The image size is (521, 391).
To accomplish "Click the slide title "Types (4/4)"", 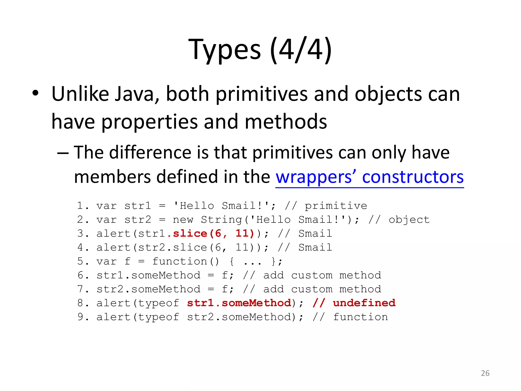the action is click(260, 49).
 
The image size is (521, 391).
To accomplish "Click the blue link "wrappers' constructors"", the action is click(369, 177).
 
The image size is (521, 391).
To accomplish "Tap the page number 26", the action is click(485, 373).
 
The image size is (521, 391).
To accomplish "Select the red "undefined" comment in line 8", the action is click(364, 303).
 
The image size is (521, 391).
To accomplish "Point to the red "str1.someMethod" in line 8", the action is click(239, 303).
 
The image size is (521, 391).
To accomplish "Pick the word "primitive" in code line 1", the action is click(336, 206).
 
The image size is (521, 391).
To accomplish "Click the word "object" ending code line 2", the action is click(409, 220).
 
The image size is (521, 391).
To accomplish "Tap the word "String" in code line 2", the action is click(222, 220).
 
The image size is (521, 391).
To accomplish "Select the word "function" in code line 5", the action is click(180, 261).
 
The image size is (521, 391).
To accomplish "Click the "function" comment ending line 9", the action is click(360, 317).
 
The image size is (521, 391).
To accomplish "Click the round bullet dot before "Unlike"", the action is click(35, 93).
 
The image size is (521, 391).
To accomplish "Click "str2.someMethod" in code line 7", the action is click(148, 289).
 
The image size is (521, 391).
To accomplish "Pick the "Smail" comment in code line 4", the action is click(315, 247).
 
